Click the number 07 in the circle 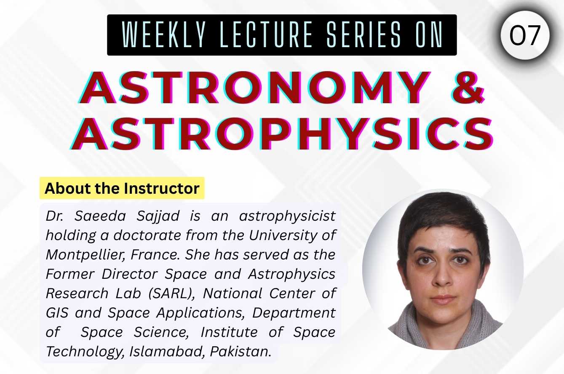click(525, 35)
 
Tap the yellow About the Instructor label click(122, 188)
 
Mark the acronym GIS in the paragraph click(57, 313)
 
